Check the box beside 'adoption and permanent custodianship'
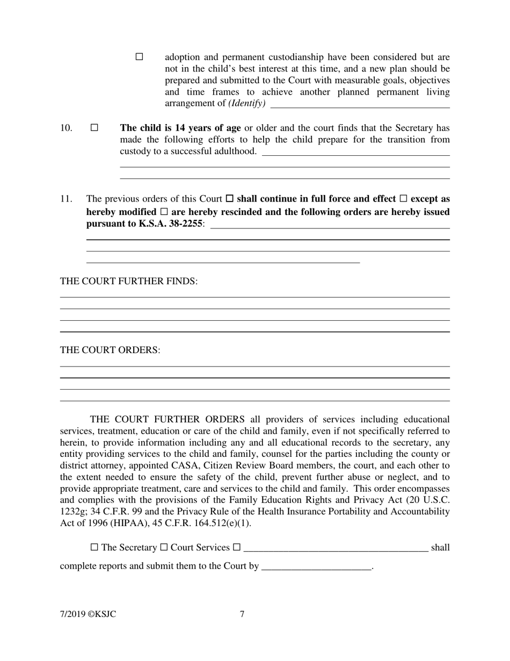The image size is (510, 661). click(140, 56)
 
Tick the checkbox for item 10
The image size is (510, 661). click(94, 128)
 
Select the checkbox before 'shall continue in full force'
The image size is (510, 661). click(230, 199)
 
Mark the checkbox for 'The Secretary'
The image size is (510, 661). click(94, 548)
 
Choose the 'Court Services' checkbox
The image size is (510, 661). click(164, 548)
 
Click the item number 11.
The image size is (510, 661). click(66, 199)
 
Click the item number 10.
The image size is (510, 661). click(66, 128)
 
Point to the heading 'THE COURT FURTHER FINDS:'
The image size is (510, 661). click(129, 282)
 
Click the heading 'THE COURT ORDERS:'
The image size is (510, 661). click(110, 350)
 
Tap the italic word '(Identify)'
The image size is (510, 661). click(246, 104)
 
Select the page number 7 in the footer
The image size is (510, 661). click(242, 614)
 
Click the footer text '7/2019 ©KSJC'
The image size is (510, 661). click(88, 614)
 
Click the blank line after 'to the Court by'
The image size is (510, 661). click(316, 566)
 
